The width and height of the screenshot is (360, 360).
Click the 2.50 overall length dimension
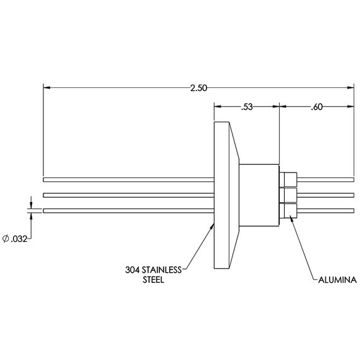tap(198, 88)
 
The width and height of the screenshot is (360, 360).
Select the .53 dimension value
tap(247, 107)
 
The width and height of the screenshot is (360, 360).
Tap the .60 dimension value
tap(316, 107)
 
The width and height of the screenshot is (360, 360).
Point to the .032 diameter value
tap(19, 239)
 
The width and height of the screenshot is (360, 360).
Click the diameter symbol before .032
tap(6, 239)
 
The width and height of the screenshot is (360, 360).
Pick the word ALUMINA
tap(337, 280)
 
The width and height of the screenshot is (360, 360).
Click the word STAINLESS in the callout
tap(162, 270)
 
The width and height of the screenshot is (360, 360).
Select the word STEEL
tap(153, 280)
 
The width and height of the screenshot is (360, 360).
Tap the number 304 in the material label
tap(132, 270)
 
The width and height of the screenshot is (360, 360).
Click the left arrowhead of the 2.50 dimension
tap(47, 88)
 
